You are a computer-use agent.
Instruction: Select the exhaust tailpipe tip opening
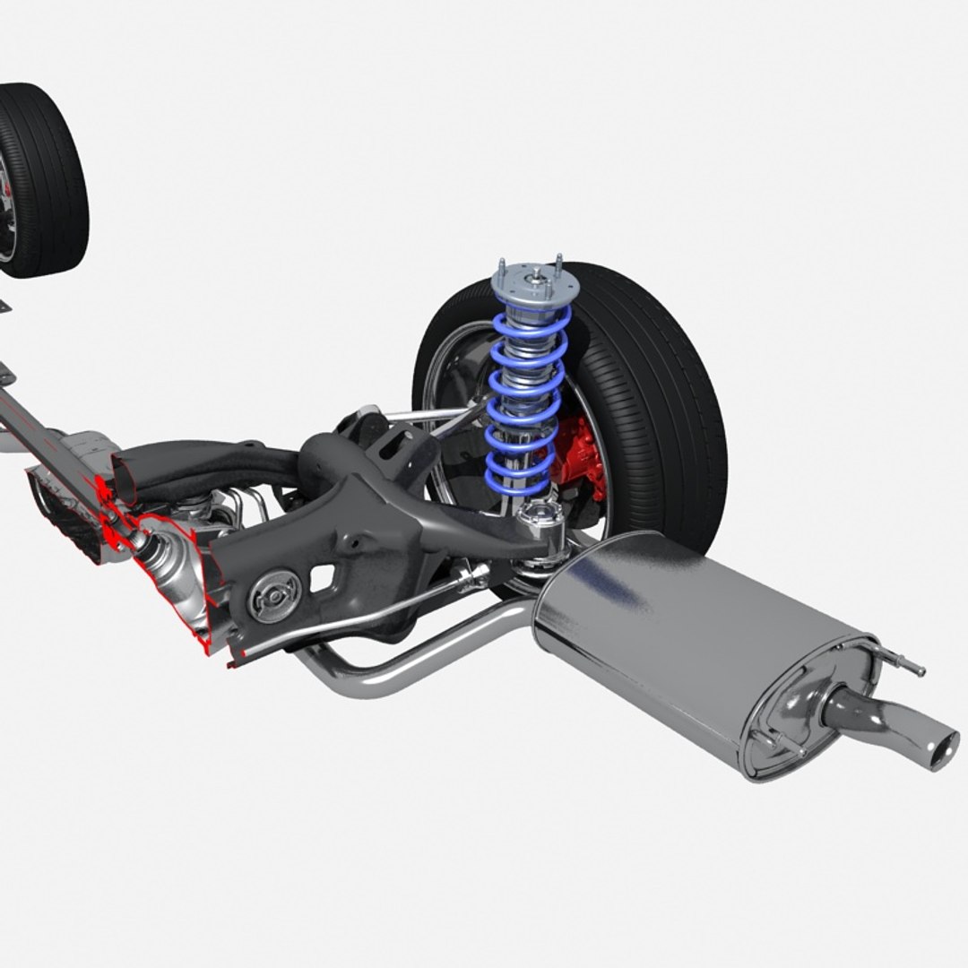tap(942, 749)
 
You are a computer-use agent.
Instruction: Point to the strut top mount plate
tap(534, 281)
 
